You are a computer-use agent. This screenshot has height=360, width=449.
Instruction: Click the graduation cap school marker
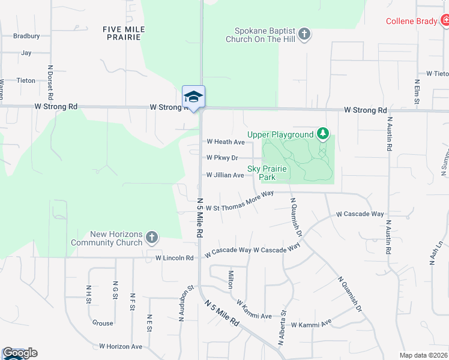pyautogui.click(x=193, y=97)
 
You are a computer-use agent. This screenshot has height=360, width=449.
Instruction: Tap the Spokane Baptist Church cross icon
pyautogui.click(x=305, y=34)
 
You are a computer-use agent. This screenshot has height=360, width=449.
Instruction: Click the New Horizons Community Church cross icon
pyautogui.click(x=152, y=238)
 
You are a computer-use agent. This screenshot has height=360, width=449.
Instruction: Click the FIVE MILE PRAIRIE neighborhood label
pyautogui.click(x=124, y=33)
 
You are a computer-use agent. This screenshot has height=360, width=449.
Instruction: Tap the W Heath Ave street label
pyautogui.click(x=226, y=142)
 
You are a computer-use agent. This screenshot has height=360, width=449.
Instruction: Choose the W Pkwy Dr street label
pyautogui.click(x=222, y=158)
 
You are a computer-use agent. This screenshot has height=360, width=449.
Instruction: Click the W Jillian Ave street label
pyautogui.click(x=225, y=175)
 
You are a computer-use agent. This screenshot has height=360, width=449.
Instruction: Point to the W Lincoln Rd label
pyautogui.click(x=175, y=258)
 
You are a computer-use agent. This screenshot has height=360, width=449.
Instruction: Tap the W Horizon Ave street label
pyautogui.click(x=121, y=346)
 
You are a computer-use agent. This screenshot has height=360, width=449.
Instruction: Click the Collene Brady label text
pyautogui.click(x=411, y=21)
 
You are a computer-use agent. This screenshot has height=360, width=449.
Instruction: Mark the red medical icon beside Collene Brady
pyautogui.click(x=445, y=21)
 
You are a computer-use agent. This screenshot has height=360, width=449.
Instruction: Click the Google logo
pyautogui.click(x=19, y=353)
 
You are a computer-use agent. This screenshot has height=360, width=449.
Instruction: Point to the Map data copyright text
pyautogui.click(x=423, y=355)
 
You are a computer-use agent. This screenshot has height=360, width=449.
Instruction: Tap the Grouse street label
pyautogui.click(x=103, y=323)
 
